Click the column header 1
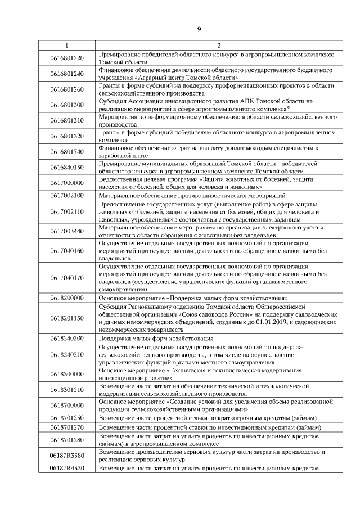click(66, 46)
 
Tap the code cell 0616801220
click(66, 58)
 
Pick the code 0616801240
click(66, 74)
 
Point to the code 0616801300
click(66, 105)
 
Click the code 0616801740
click(66, 151)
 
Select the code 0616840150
click(66, 167)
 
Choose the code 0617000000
click(66, 183)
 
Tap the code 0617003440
click(66, 231)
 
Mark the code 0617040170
click(66, 277)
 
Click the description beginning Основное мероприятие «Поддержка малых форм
click(193, 297)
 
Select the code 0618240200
click(66, 338)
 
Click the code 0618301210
click(66, 389)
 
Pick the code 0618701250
click(66, 417)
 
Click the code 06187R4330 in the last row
click(66, 468)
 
